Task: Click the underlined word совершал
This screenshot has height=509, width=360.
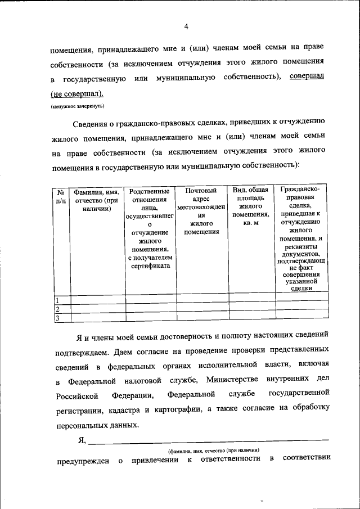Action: [307, 76]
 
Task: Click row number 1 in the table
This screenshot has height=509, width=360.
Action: [57, 300]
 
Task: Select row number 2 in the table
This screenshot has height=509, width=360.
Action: [57, 309]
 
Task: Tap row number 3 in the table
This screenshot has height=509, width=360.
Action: [57, 319]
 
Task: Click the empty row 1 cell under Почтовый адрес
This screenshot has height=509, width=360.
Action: [201, 300]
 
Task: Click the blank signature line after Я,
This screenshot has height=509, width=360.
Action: [208, 439]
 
